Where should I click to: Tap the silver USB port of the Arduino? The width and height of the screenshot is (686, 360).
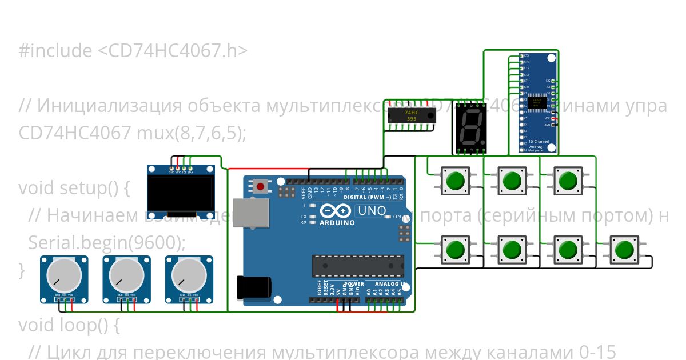(x=250, y=213)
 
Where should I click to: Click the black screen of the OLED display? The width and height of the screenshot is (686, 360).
(x=181, y=193)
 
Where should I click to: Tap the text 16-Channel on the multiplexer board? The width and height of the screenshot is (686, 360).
(x=539, y=141)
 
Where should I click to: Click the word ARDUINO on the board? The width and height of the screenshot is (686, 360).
(x=337, y=222)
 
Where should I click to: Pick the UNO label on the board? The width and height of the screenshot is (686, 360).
(x=371, y=211)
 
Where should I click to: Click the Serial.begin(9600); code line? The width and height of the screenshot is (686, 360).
(x=107, y=243)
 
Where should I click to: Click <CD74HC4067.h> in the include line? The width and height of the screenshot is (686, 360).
(x=172, y=51)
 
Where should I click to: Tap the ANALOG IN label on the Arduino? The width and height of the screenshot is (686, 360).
(x=391, y=284)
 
